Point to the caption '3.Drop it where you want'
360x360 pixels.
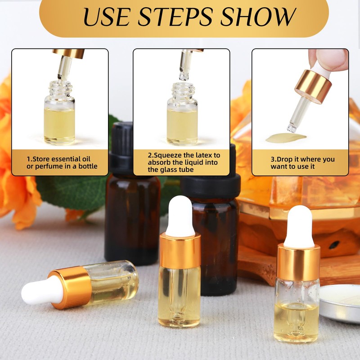tap(302, 162)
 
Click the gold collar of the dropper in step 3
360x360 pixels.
tap(313, 85)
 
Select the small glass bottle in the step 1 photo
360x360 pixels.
tap(59, 115)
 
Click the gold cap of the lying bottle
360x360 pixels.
tap(71, 288)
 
